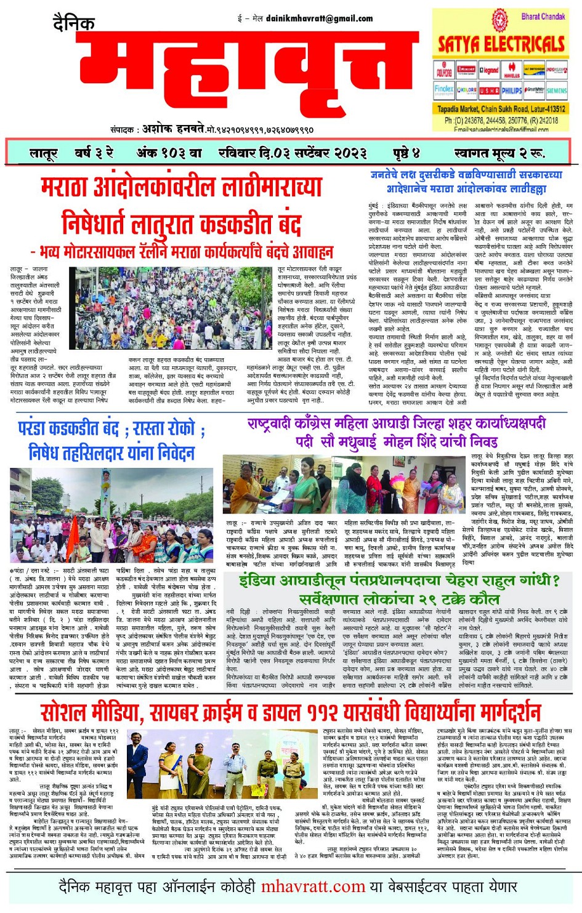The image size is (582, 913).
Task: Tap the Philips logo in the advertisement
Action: coord(511,90)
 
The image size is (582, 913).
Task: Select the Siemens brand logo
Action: coord(556,90)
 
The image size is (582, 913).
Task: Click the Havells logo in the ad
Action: coord(512,70)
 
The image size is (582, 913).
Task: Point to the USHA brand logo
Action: coord(489,90)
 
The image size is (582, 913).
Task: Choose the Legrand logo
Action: coord(489,70)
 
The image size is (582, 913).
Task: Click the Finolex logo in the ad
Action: coord(444,89)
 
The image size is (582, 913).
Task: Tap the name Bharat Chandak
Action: coord(543,17)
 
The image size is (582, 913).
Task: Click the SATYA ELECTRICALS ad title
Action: coord(501,44)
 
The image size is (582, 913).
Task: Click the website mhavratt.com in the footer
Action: coord(313,887)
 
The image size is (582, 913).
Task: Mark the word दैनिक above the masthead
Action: coord(74,23)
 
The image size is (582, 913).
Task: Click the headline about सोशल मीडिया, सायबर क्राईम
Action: coord(290,712)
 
